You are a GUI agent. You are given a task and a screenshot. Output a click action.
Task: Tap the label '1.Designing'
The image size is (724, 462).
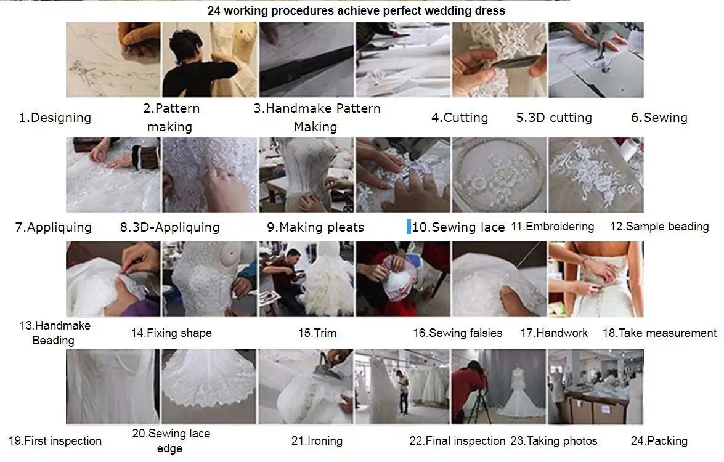(x=55, y=118)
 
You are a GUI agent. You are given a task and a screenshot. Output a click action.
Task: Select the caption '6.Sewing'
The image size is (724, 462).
(x=659, y=118)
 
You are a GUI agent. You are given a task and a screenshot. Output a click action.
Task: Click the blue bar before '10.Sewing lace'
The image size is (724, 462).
(x=409, y=226)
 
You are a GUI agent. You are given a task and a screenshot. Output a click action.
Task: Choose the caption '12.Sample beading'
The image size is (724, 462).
(x=659, y=227)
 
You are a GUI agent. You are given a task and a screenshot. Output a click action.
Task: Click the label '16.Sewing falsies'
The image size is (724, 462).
(x=457, y=333)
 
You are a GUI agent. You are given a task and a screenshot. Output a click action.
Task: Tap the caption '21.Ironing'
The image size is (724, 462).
(x=317, y=441)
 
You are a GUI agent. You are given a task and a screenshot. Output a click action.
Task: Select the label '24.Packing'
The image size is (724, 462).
(x=659, y=441)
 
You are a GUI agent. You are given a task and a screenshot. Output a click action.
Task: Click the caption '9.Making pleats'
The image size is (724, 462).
(x=315, y=227)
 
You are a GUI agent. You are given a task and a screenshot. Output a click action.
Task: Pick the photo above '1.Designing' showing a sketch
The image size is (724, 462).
(x=113, y=60)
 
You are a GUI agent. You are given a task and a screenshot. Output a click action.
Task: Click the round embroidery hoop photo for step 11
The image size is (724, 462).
(x=499, y=175)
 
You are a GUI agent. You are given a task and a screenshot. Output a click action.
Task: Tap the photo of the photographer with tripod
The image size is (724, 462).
(x=498, y=386)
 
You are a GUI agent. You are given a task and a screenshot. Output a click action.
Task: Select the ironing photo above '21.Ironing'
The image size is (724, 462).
(x=306, y=386)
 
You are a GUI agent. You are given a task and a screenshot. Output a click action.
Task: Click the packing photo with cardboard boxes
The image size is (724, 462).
(x=595, y=386)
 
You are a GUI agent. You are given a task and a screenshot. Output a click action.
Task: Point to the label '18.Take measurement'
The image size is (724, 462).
(x=659, y=333)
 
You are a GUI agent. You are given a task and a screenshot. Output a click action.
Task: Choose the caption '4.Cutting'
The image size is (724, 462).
(x=460, y=118)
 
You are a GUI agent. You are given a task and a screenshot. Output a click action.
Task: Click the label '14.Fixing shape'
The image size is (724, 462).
(x=171, y=333)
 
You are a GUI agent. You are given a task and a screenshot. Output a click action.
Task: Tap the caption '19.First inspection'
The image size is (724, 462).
(x=55, y=441)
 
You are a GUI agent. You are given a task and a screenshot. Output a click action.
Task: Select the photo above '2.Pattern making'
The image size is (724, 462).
(x=209, y=60)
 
